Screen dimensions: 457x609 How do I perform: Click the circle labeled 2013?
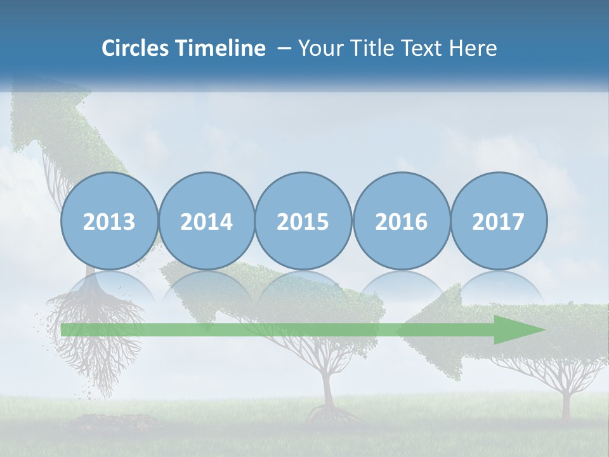click(109, 221)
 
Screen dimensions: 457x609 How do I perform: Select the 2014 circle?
click(207, 221)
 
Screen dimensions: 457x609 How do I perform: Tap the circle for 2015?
click(303, 221)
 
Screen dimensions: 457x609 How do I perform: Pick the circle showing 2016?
click(401, 221)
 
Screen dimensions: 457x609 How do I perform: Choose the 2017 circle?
click(499, 221)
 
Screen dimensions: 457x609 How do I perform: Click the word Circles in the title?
click(136, 48)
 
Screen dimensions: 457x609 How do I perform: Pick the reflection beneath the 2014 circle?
click(207, 286)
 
